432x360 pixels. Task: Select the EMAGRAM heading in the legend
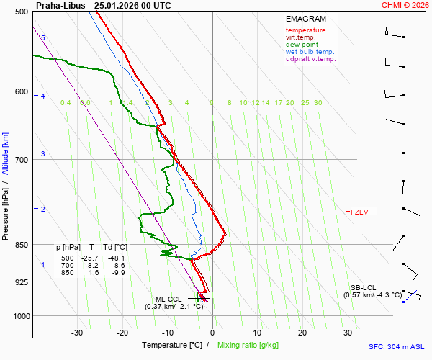(305, 19)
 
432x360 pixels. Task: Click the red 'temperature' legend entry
(305, 30)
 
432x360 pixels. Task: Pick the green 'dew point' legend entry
(302, 45)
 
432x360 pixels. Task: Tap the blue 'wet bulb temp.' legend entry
(310, 52)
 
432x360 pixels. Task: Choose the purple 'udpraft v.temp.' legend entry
(311, 59)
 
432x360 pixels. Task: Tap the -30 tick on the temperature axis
(78, 333)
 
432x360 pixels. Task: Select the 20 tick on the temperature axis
(302, 333)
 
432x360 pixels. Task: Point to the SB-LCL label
(364, 287)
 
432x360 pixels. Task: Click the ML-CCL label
(170, 299)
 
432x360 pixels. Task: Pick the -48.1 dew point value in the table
(116, 258)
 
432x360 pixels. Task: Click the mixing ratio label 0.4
(66, 103)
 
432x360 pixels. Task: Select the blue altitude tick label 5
(43, 37)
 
